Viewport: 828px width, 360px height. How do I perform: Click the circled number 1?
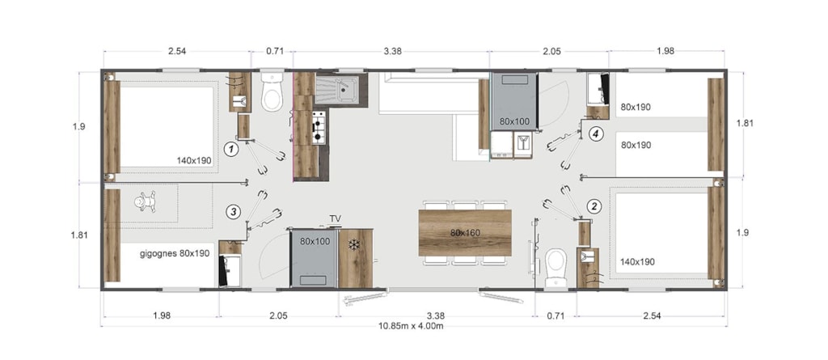[230, 150]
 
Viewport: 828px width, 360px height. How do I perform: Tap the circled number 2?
[594, 205]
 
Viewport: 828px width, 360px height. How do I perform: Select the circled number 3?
[233, 212]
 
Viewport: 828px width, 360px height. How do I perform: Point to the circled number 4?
[596, 134]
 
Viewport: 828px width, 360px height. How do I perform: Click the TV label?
[336, 218]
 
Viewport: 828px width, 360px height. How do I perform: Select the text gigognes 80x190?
[175, 253]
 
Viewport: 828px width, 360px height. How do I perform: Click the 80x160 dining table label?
[465, 233]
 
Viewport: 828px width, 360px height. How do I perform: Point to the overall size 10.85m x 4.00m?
[410, 326]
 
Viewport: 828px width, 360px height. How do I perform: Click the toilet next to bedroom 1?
[272, 93]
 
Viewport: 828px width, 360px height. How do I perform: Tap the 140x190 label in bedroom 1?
[195, 161]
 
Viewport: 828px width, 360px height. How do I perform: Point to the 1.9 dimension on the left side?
[78, 126]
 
